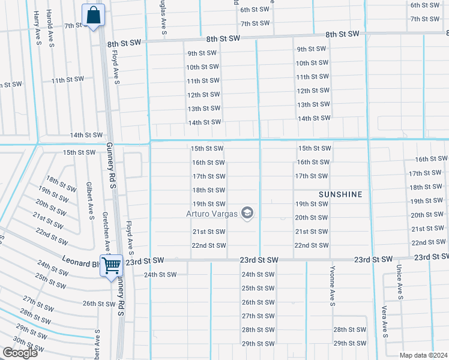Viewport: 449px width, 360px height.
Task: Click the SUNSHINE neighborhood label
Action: pos(340,194)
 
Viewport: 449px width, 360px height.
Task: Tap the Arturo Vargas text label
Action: pos(211,214)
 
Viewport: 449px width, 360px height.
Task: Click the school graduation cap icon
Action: pos(247,213)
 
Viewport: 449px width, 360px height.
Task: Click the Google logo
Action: pos(20,353)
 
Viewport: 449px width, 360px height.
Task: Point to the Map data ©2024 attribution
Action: pos(423,355)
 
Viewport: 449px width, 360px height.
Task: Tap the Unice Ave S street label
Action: pos(399,282)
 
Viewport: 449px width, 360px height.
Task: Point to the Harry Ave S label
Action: pos(37,26)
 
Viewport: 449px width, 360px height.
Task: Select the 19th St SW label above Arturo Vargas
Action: pos(208,204)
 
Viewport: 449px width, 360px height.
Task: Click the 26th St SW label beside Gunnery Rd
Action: pos(99,304)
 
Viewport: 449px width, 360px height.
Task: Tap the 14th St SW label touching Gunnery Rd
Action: pos(86,136)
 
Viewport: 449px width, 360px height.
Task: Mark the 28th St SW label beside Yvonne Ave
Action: pos(349,330)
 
